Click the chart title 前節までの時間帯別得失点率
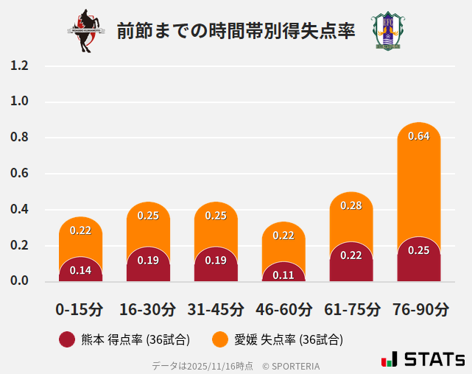coord(236,32)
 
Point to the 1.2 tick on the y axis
coord(19,66)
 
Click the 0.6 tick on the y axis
coord(19,174)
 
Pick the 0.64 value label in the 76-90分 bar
coord(418,136)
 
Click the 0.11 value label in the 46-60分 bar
coord(283,275)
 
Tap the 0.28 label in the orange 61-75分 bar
coord(351,205)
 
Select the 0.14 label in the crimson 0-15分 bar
coord(80,270)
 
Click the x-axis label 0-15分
coord(80,308)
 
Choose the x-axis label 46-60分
coord(283,308)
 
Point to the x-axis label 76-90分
coord(419,308)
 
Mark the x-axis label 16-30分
coord(148,308)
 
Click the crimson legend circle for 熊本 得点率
coord(67,339)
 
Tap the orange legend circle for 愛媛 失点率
coord(219,339)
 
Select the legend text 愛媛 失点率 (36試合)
coord(289,339)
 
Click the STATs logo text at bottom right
coord(434,359)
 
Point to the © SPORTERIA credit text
coord(291,365)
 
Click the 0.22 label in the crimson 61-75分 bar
coord(351,255)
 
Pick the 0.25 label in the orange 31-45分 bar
coord(216,216)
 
